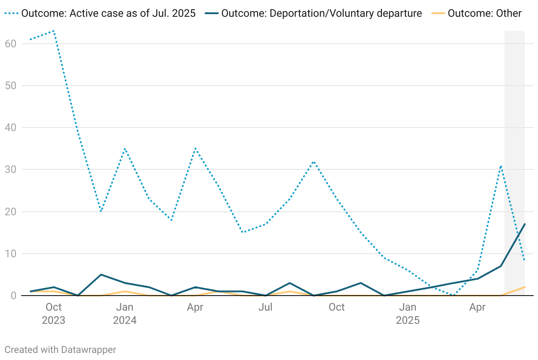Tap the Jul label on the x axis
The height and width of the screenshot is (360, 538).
(x=265, y=307)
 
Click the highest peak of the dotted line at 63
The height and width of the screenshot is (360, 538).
(x=54, y=31)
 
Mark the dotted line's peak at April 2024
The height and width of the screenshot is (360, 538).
(x=195, y=149)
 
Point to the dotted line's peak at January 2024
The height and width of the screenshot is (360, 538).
(x=125, y=149)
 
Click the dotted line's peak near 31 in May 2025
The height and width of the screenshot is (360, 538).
(x=501, y=165)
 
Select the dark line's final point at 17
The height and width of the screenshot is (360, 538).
(x=525, y=224)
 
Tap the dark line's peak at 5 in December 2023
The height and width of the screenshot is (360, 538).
(x=101, y=274)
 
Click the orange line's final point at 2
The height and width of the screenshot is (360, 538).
(x=525, y=287)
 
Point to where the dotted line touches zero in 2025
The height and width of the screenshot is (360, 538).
(x=454, y=296)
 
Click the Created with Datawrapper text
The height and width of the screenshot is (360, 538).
(x=60, y=350)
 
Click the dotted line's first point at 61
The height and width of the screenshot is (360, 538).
(x=30, y=39)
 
